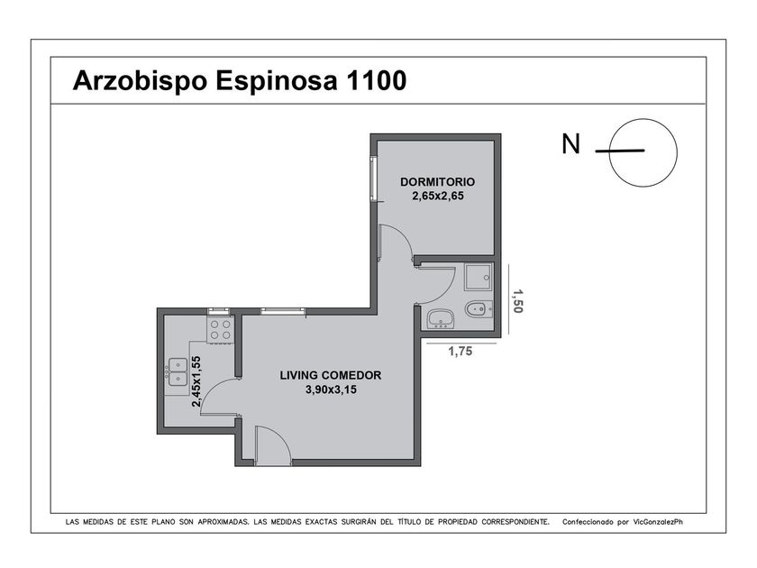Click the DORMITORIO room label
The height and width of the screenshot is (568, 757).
click(437, 182)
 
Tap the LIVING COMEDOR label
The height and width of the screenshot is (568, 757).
click(331, 375)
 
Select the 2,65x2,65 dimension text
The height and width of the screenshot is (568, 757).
click(437, 197)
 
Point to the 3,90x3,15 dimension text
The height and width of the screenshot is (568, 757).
click(331, 389)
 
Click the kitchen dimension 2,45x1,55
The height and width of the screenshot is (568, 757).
click(196, 381)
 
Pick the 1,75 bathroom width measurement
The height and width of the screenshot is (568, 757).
click(461, 352)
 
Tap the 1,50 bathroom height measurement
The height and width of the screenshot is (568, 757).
click(517, 301)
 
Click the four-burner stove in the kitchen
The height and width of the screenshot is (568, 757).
click(221, 330)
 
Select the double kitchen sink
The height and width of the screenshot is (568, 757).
click(178, 371)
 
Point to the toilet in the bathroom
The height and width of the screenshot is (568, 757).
click(479, 309)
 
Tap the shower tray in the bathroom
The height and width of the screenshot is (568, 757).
click(479, 277)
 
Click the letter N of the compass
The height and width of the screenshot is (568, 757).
click(570, 144)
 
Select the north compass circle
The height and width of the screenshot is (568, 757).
click(643, 119)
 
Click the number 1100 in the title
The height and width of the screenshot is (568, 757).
click(376, 80)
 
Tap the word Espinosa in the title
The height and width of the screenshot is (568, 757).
click(276, 81)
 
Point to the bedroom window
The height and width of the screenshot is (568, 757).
click(373, 179)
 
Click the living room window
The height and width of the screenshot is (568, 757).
click(283, 312)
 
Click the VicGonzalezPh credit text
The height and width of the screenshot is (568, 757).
click(658, 522)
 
